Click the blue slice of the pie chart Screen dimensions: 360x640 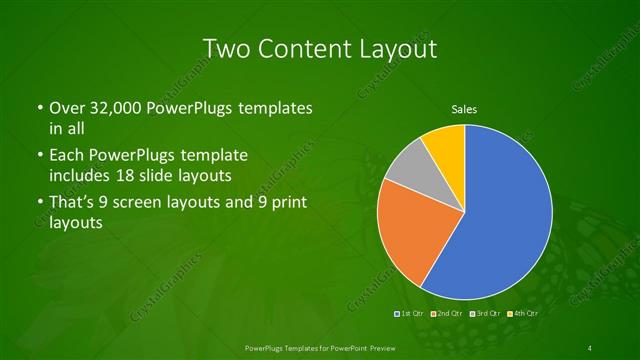[x=505, y=215]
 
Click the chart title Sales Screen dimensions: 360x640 [x=464, y=109]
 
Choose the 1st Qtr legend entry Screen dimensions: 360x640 [x=409, y=314]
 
